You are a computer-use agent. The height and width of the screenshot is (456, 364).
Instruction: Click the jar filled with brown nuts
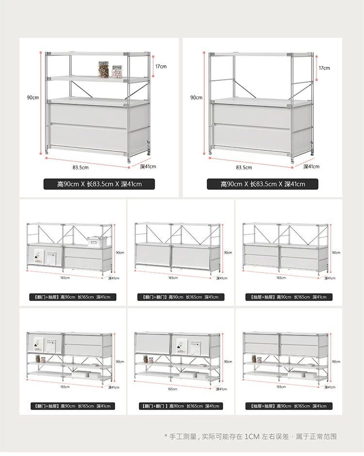tap(103, 69)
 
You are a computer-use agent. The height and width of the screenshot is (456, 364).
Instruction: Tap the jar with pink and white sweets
tap(117, 71)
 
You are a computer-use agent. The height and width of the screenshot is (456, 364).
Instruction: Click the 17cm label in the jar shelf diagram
tap(161, 66)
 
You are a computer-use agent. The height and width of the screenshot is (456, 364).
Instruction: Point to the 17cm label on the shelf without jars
tap(324, 68)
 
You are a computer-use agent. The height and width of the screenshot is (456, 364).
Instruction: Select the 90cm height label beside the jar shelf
tap(33, 98)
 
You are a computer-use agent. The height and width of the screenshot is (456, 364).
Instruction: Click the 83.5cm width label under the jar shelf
tap(81, 167)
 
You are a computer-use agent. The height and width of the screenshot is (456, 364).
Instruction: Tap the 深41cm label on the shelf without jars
tap(311, 166)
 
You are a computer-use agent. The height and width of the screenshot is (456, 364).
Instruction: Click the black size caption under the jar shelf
tap(99, 184)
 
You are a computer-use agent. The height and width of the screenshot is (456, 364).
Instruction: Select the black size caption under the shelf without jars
tap(263, 184)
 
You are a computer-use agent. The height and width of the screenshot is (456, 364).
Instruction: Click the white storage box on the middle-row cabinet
tap(97, 241)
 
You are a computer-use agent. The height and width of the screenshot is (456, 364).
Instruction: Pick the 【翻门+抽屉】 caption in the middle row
tap(72, 297)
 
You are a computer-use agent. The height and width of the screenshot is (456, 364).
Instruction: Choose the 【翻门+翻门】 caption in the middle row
tap(181, 297)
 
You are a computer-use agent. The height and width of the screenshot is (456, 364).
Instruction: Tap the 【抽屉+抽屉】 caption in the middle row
tap(288, 297)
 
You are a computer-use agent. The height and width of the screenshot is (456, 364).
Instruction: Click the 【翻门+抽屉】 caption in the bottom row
tap(72, 406)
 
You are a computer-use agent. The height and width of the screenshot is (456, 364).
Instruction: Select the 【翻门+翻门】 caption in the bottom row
tap(181, 406)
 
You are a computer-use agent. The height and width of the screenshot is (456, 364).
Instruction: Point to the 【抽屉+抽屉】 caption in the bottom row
tap(288, 406)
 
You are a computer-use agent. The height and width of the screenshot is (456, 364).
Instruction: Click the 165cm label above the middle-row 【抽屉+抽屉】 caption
tap(281, 277)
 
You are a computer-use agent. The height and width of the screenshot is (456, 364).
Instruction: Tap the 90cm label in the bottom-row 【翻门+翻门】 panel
tap(228, 361)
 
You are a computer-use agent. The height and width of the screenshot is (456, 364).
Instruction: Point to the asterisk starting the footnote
tap(166, 437)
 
